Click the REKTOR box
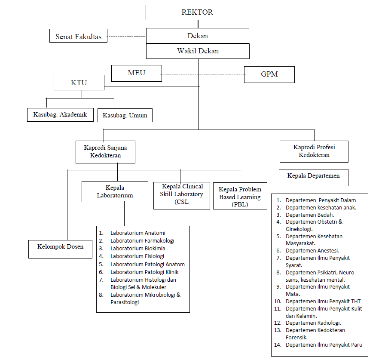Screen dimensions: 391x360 pyautogui.click(x=197, y=12)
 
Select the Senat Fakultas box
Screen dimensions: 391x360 pyautogui.click(x=78, y=36)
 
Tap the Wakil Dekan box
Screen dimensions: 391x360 pyautogui.click(x=198, y=51)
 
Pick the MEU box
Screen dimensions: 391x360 pyautogui.click(x=137, y=73)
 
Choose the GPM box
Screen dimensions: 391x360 pyautogui.click(x=269, y=74)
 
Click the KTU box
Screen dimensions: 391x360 pyautogui.click(x=79, y=83)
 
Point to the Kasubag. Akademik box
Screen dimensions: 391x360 pyautogui.click(x=60, y=115)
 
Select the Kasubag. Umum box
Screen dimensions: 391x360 pyautogui.click(x=125, y=115)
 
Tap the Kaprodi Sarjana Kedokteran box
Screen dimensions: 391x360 pyautogui.click(x=105, y=152)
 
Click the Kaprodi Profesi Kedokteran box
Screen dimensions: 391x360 pyautogui.click(x=314, y=151)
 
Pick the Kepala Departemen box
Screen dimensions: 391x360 pyautogui.click(x=314, y=178)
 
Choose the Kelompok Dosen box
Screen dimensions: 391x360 pyautogui.click(x=60, y=249)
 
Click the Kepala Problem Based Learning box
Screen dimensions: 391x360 pyautogui.click(x=240, y=196)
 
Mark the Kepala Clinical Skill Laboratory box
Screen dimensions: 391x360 pyautogui.click(x=181, y=195)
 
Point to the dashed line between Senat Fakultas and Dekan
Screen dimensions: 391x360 pyautogui.click(x=127, y=36)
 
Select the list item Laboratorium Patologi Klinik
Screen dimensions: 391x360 pyautogui.click(x=139, y=272)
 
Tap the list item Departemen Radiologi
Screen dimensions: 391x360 pyautogui.click(x=308, y=323)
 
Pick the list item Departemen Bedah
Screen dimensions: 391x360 pyautogui.click(x=305, y=215)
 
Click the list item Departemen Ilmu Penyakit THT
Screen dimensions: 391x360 pyautogui.click(x=318, y=302)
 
